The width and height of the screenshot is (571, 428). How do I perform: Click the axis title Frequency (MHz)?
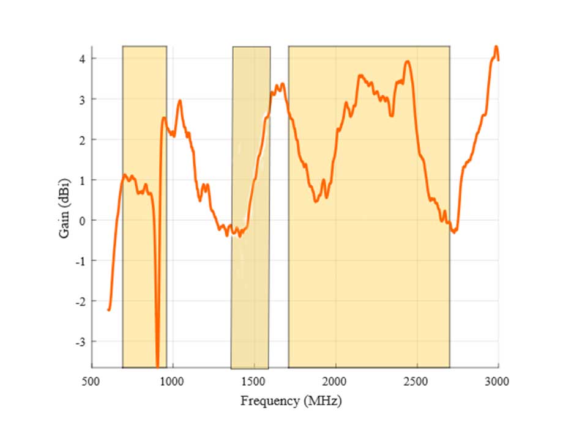pyautogui.click(x=291, y=402)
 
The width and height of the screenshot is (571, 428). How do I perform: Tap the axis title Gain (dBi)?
pyautogui.click(x=65, y=207)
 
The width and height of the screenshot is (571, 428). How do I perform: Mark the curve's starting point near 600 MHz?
pyautogui.click(x=109, y=310)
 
